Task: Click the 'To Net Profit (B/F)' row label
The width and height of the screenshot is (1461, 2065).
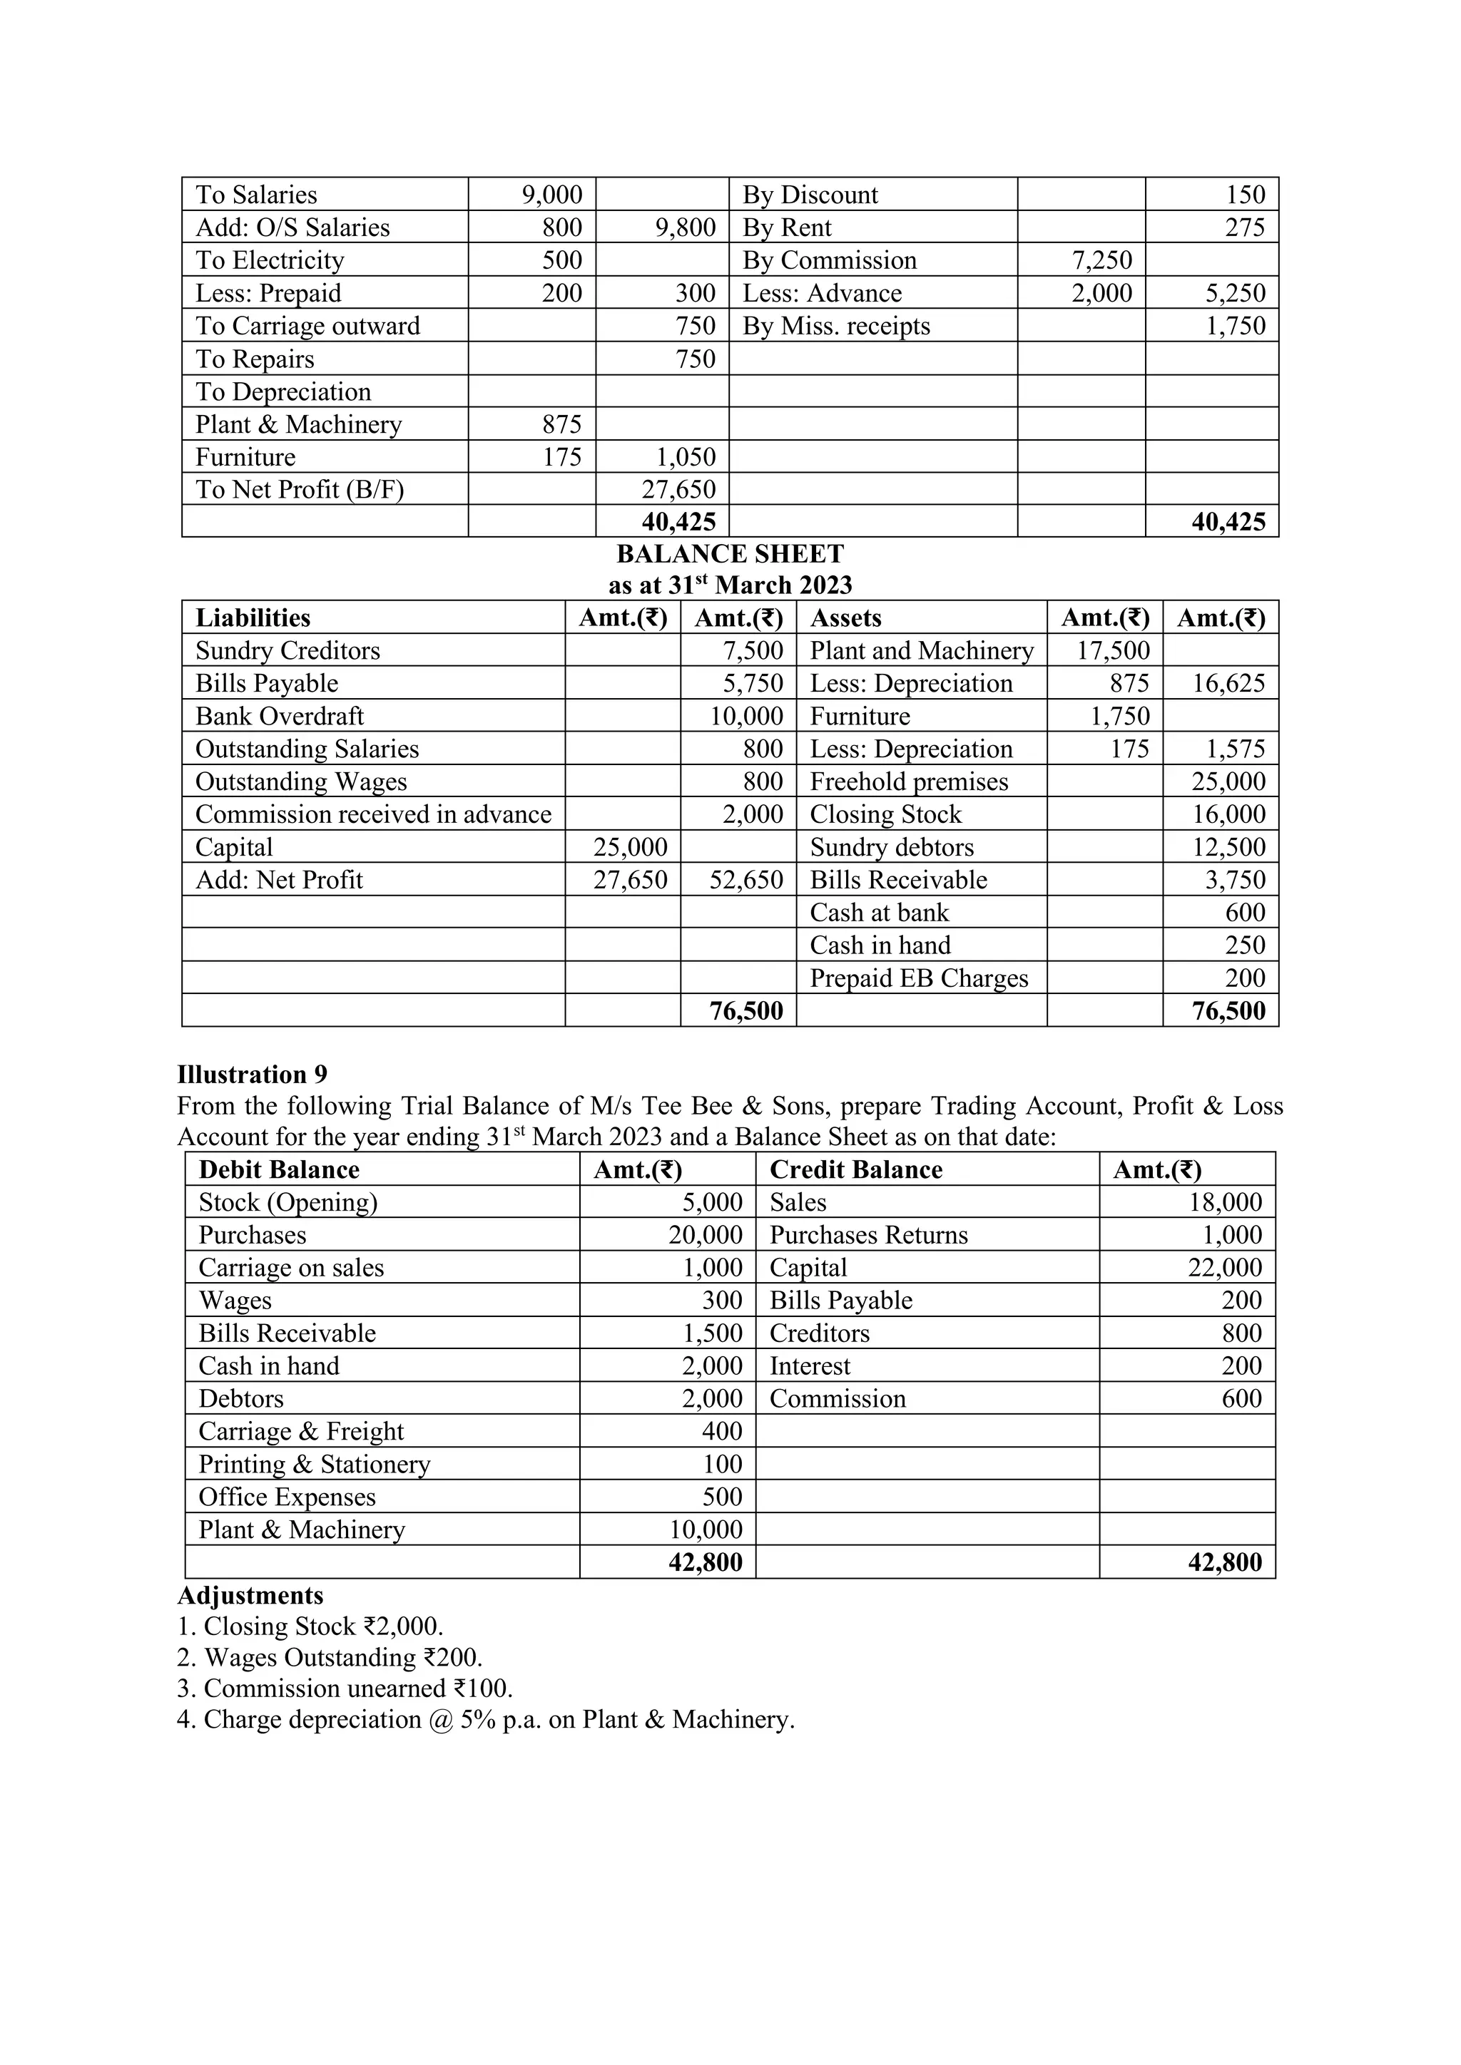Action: pyautogui.click(x=300, y=489)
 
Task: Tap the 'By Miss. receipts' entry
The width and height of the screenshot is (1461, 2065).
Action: pyautogui.click(x=836, y=326)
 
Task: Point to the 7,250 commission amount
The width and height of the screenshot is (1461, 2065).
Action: pyautogui.click(x=1101, y=260)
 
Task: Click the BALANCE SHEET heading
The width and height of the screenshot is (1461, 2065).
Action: pyautogui.click(x=730, y=553)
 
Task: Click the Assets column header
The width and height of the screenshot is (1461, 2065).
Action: pyautogui.click(x=845, y=618)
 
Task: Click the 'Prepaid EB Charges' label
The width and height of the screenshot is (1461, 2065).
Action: pyautogui.click(x=919, y=978)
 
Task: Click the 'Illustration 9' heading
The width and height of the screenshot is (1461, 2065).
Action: pyautogui.click(x=252, y=1074)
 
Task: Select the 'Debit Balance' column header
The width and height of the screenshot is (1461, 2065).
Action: pyautogui.click(x=279, y=1169)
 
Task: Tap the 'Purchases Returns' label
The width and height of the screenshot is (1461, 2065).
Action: pyautogui.click(x=868, y=1235)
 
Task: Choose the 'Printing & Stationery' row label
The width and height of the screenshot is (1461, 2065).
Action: pyautogui.click(x=314, y=1464)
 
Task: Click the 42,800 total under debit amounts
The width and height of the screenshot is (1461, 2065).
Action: pyautogui.click(x=706, y=1562)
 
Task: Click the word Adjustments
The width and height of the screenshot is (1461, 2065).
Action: pyautogui.click(x=250, y=1596)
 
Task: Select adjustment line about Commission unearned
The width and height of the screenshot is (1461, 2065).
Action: pyautogui.click(x=345, y=1689)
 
